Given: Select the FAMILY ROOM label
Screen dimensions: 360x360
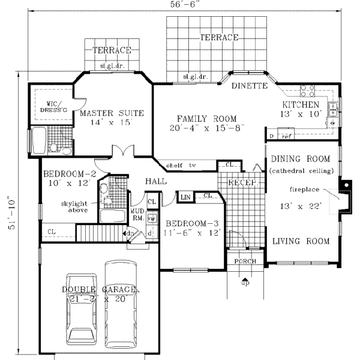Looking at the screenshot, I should tap(206, 118).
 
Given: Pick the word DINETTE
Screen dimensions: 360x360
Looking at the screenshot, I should tap(249, 86).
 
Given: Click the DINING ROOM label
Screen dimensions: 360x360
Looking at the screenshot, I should tap(300, 159).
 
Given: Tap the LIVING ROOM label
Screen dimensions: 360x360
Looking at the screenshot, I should tap(300, 241).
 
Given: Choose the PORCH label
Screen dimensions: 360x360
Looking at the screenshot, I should tap(245, 261).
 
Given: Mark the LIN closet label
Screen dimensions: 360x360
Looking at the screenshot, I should tap(185, 196).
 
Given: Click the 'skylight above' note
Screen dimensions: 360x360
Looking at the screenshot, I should tap(75, 207).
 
